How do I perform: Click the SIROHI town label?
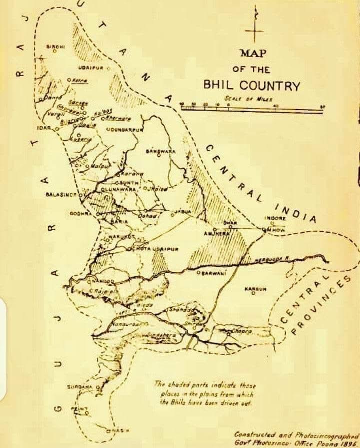(54, 47)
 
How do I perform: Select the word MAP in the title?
(253, 53)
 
